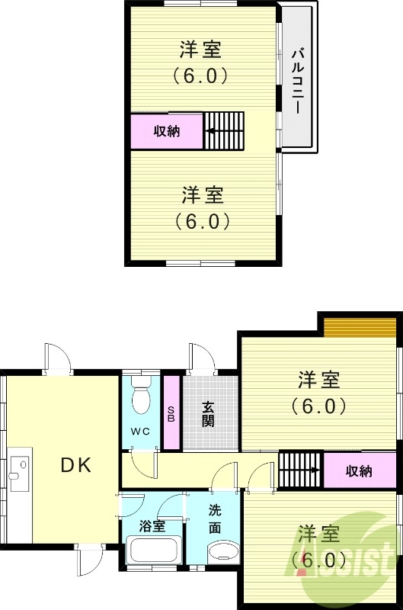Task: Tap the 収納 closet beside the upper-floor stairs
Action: pos(167,130)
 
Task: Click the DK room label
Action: pos(76,465)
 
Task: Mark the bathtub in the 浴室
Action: pos(153,551)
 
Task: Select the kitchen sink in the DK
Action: pos(18,472)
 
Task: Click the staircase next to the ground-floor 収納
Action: pos(301,470)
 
